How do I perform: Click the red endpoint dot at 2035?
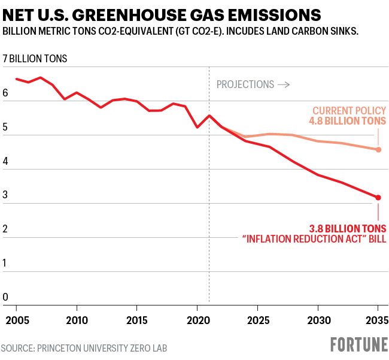click(378, 198)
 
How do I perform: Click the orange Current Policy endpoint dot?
click(378, 150)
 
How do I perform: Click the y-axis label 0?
click(5, 297)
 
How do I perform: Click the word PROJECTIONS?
click(245, 84)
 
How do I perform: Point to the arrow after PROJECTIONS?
click(284, 84)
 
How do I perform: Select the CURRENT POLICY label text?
click(349, 111)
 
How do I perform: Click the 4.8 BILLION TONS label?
click(347, 122)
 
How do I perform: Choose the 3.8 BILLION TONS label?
click(347, 228)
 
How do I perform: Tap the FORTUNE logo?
click(358, 344)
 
